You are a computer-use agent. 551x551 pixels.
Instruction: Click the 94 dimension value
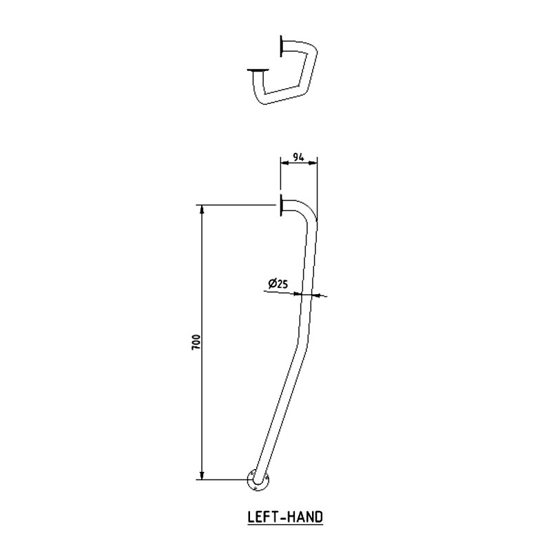click(x=298, y=156)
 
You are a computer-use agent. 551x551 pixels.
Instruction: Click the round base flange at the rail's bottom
click(x=259, y=481)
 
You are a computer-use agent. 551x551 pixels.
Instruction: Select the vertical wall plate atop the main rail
click(x=281, y=206)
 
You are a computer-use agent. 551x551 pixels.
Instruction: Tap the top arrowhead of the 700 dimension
click(x=202, y=209)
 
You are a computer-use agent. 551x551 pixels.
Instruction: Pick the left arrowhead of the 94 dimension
click(x=282, y=163)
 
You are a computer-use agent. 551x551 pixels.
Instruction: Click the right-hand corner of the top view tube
click(x=315, y=56)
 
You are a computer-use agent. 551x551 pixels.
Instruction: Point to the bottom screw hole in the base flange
click(x=257, y=488)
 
